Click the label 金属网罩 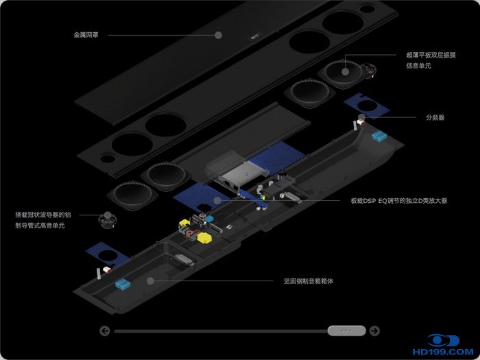click(x=86, y=35)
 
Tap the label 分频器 click(x=435, y=117)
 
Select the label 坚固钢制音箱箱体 click(x=309, y=281)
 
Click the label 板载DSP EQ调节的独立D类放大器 click(x=399, y=201)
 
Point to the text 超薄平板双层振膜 click(x=431, y=55)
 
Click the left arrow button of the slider click(x=105, y=331)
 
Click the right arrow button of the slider click(x=374, y=331)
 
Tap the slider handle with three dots click(x=346, y=331)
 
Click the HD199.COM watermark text click(x=443, y=352)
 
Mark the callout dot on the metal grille click(x=218, y=35)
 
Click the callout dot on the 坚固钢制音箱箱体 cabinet click(x=150, y=280)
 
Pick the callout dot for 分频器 click(x=361, y=117)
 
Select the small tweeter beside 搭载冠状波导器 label click(x=108, y=221)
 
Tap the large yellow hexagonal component click(x=204, y=238)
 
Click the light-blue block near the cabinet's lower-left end click(x=123, y=284)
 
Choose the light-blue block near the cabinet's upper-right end click(x=379, y=136)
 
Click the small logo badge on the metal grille click(x=255, y=36)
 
